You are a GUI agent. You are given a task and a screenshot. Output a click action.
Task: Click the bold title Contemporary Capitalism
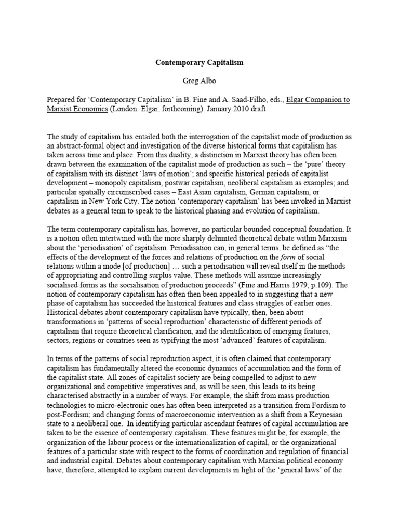click(x=199, y=62)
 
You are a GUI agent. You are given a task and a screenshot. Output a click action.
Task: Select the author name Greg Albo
click(x=199, y=81)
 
